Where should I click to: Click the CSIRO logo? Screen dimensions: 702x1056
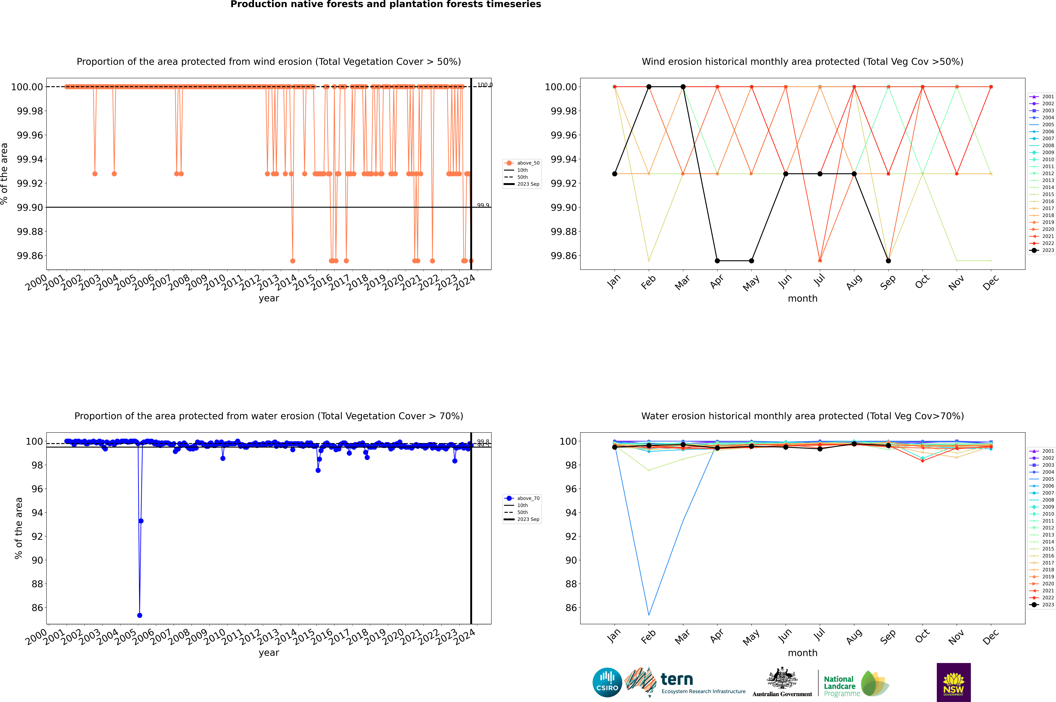(607, 682)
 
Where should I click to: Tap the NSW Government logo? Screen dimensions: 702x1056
(953, 682)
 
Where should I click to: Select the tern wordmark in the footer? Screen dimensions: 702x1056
(677, 680)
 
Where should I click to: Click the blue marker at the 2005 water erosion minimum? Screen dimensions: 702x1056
(140, 615)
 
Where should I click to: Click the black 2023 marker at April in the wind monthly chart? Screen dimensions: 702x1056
(717, 261)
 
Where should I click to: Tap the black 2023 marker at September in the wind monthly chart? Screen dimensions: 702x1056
(888, 261)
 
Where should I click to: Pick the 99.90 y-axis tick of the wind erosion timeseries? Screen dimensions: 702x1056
(30, 207)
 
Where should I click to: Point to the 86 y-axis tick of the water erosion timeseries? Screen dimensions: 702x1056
(37, 608)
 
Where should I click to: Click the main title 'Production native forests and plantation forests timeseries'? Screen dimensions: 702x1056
(385, 4)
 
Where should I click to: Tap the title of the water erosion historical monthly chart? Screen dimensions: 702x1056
(802, 416)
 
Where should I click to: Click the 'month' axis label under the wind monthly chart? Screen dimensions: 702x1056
(802, 299)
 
